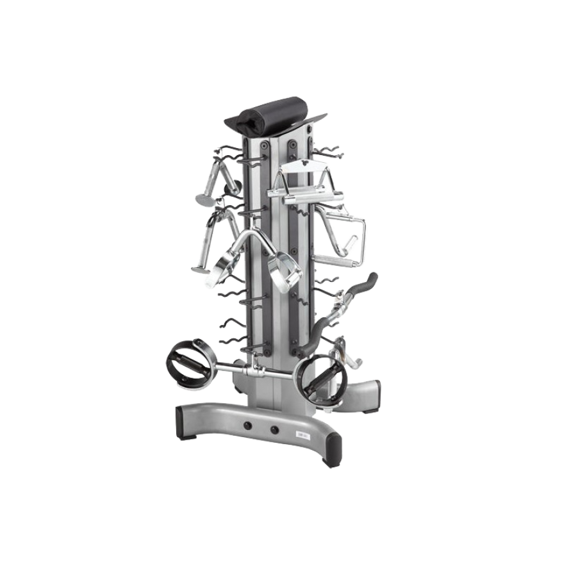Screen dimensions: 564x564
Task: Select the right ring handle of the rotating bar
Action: coord(321,377)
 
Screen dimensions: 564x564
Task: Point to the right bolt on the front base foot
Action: coord(274,430)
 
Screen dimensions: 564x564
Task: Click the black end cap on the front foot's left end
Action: coord(182,422)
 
